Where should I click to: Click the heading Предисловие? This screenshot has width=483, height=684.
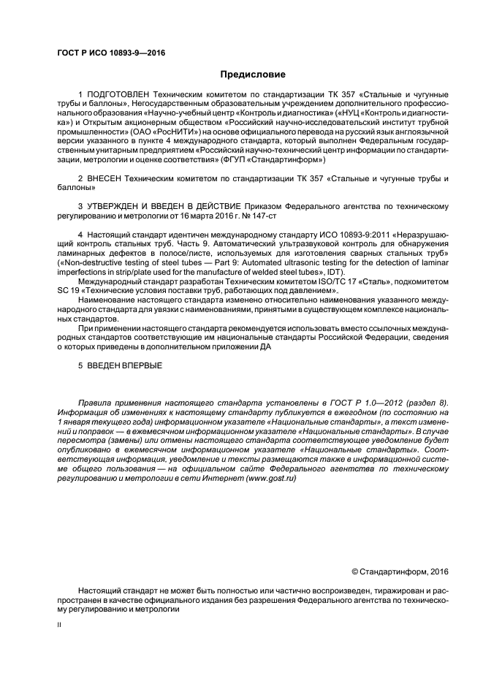pyautogui.click(x=252, y=75)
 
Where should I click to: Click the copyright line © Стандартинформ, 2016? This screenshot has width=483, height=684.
pyautogui.click(x=400, y=570)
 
